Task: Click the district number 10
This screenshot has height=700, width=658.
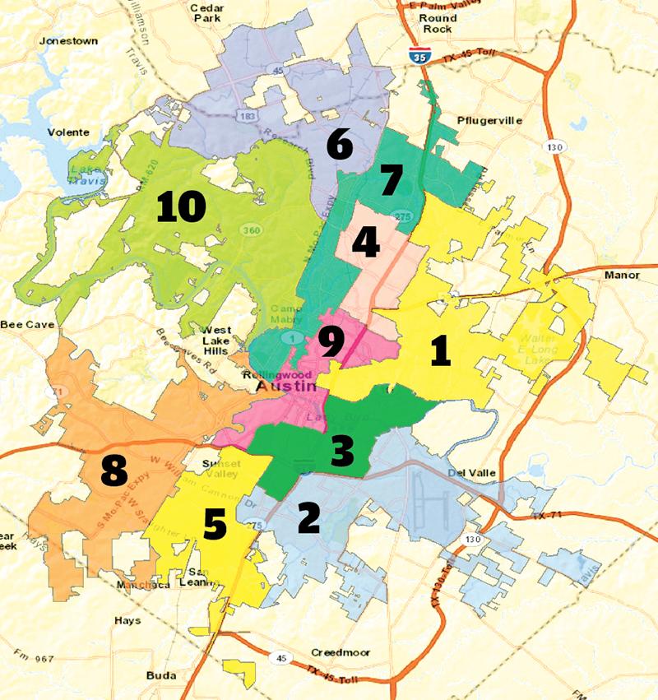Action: click(x=181, y=207)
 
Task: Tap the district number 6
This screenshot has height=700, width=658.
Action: click(x=339, y=145)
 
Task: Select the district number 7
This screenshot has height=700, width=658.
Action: click(x=392, y=180)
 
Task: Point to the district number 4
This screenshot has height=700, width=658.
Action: click(x=365, y=241)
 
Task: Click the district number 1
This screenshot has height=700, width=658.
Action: click(x=440, y=351)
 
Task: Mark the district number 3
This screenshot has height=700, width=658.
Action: click(x=342, y=450)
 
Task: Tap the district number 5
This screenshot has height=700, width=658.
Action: click(x=215, y=524)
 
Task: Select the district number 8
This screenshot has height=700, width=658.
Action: click(x=114, y=471)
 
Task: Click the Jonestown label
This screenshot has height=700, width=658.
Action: click(x=67, y=40)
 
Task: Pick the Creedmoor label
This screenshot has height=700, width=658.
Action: click(x=340, y=652)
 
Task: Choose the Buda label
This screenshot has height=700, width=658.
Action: click(x=161, y=675)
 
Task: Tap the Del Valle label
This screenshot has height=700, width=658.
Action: click(x=469, y=474)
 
